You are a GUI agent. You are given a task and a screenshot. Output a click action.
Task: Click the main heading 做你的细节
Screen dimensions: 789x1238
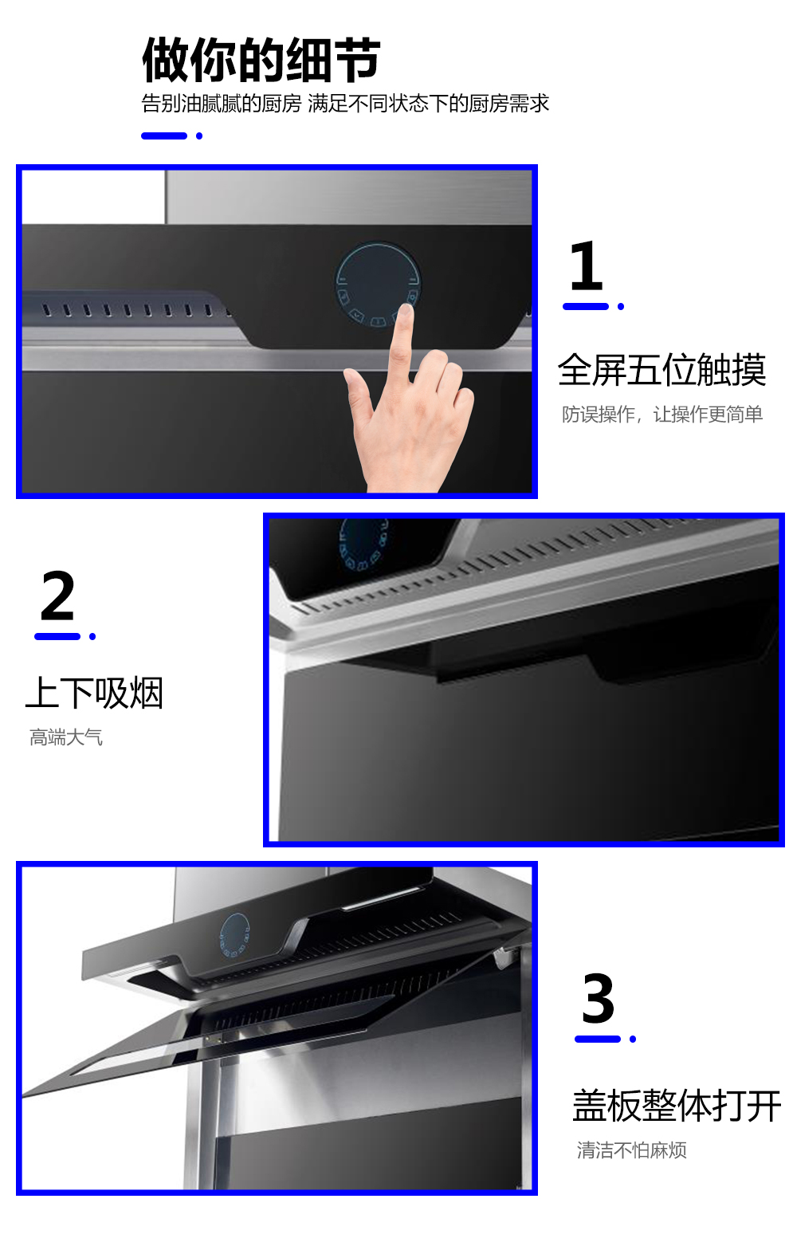[261, 60]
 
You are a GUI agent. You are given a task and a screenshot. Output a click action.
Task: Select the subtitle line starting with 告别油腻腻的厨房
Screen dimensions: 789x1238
[345, 104]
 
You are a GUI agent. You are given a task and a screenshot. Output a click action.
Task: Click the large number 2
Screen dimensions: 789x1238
[57, 595]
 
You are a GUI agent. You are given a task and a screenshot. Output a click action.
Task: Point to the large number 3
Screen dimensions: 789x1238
[599, 998]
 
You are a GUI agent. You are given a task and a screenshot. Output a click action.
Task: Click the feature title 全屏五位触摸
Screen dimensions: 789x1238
[662, 370]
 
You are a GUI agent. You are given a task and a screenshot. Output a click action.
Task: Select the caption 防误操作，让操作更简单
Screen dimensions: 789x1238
[662, 414]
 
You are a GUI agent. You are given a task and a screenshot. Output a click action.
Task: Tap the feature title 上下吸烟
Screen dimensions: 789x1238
[95, 693]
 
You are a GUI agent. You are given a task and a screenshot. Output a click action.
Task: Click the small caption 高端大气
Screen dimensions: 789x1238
[65, 737]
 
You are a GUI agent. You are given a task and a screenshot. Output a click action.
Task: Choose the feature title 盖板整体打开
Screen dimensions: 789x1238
[677, 1105]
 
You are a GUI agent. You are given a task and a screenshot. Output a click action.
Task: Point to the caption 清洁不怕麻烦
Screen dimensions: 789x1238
[631, 1150]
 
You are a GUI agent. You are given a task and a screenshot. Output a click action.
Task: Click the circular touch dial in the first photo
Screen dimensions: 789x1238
[378, 285]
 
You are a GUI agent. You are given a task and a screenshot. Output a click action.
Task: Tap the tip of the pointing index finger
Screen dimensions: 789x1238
[406, 309]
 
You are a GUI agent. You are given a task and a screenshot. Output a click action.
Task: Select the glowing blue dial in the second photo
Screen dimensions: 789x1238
[363, 544]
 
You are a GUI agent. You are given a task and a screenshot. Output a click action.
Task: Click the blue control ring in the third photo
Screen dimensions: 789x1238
[235, 935]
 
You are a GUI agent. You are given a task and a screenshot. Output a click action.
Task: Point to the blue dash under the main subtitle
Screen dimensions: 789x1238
[164, 136]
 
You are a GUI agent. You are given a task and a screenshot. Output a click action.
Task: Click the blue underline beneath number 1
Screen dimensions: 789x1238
[586, 306]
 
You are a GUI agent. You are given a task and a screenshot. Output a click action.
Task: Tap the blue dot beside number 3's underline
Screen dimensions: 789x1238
[633, 1039]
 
